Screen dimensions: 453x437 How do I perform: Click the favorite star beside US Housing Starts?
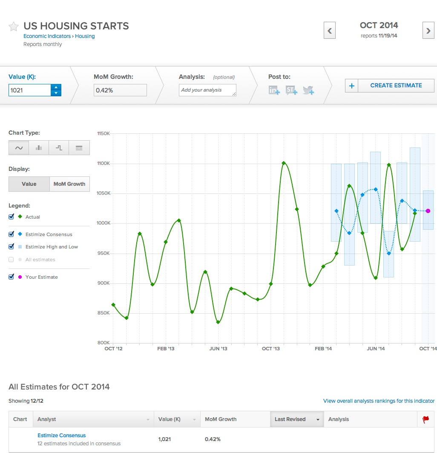click(14, 26)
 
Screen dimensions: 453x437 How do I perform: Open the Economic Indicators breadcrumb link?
click(47, 36)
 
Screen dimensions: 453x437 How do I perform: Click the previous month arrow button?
click(329, 31)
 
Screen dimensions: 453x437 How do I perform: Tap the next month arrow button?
click(428, 31)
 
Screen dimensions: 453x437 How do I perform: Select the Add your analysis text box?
click(207, 90)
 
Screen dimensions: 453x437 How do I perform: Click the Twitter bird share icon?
click(308, 90)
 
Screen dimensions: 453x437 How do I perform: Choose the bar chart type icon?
click(39, 148)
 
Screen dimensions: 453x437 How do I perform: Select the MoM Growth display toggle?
click(69, 184)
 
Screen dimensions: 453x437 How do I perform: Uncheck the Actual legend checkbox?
click(11, 217)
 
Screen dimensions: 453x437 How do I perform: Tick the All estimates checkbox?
click(11, 260)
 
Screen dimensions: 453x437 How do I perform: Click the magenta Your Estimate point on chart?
click(428, 211)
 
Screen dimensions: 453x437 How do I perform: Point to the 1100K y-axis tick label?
click(103, 164)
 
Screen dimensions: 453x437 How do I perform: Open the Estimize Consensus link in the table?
click(61, 436)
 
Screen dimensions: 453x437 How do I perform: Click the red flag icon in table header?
click(425, 419)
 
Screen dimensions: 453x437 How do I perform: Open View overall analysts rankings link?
click(379, 401)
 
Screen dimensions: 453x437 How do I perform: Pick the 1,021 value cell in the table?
click(165, 439)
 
